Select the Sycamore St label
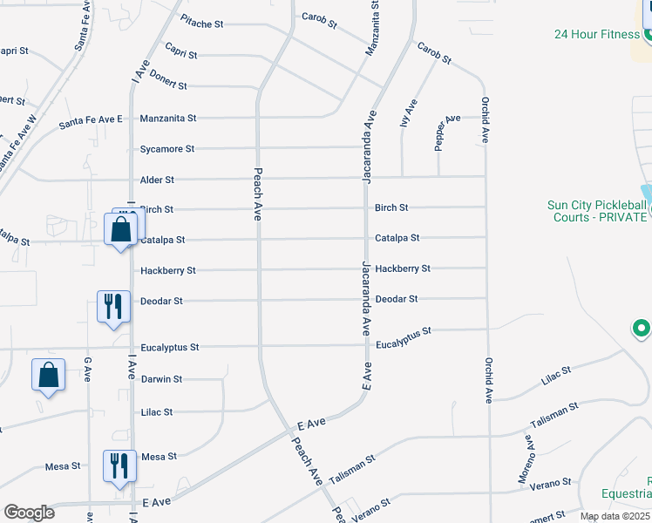click(x=167, y=150)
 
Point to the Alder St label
click(x=158, y=180)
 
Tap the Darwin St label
click(x=161, y=379)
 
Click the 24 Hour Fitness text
click(x=596, y=35)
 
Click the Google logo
click(x=29, y=512)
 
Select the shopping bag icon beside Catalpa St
click(x=121, y=230)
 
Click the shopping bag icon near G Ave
click(x=49, y=376)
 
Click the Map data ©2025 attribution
click(x=615, y=516)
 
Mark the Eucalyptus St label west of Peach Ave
click(x=170, y=348)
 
